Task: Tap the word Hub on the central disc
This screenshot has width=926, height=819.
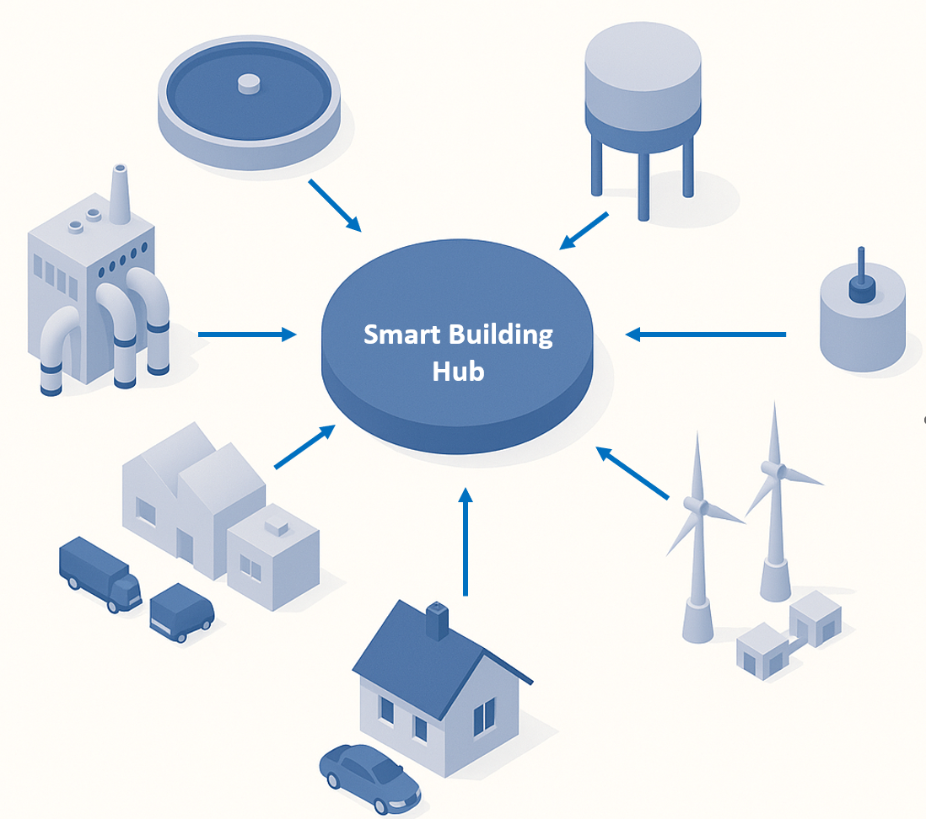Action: pyautogui.click(x=458, y=371)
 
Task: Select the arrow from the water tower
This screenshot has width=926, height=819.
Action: pyautogui.click(x=584, y=230)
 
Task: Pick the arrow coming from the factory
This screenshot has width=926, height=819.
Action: pyautogui.click(x=247, y=335)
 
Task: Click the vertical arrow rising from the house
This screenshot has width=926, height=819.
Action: pyautogui.click(x=466, y=539)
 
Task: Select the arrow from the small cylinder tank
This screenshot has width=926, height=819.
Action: pyautogui.click(x=705, y=335)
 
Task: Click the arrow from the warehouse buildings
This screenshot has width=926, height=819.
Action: pyautogui.click(x=304, y=447)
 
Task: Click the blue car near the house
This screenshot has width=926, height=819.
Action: pyautogui.click(x=369, y=773)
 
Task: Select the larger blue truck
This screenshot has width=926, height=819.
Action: pyautogui.click(x=100, y=575)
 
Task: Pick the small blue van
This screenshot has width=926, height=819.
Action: pyautogui.click(x=181, y=613)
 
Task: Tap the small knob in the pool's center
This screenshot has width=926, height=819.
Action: pyautogui.click(x=250, y=82)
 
